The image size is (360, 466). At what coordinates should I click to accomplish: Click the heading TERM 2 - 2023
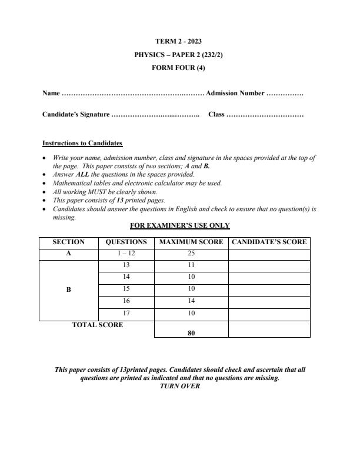[x=179, y=42]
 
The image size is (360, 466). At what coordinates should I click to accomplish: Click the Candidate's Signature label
[x=76, y=114]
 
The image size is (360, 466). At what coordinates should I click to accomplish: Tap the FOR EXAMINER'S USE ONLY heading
[x=179, y=225]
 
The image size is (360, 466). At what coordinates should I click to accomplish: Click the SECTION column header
[x=68, y=242]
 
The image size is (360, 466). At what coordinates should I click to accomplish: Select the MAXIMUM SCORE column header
[x=191, y=242]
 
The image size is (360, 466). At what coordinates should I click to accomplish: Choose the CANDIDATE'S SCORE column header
[x=269, y=242]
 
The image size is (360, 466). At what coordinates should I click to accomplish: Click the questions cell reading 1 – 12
[x=126, y=254]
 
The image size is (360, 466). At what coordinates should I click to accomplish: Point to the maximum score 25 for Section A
[x=191, y=254]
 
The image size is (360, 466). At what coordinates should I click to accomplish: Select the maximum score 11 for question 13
[x=191, y=265]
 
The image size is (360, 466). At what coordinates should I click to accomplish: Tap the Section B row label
[x=68, y=289]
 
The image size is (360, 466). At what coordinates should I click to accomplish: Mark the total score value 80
[x=191, y=332]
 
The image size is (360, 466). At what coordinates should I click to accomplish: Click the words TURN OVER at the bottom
[x=179, y=387]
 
